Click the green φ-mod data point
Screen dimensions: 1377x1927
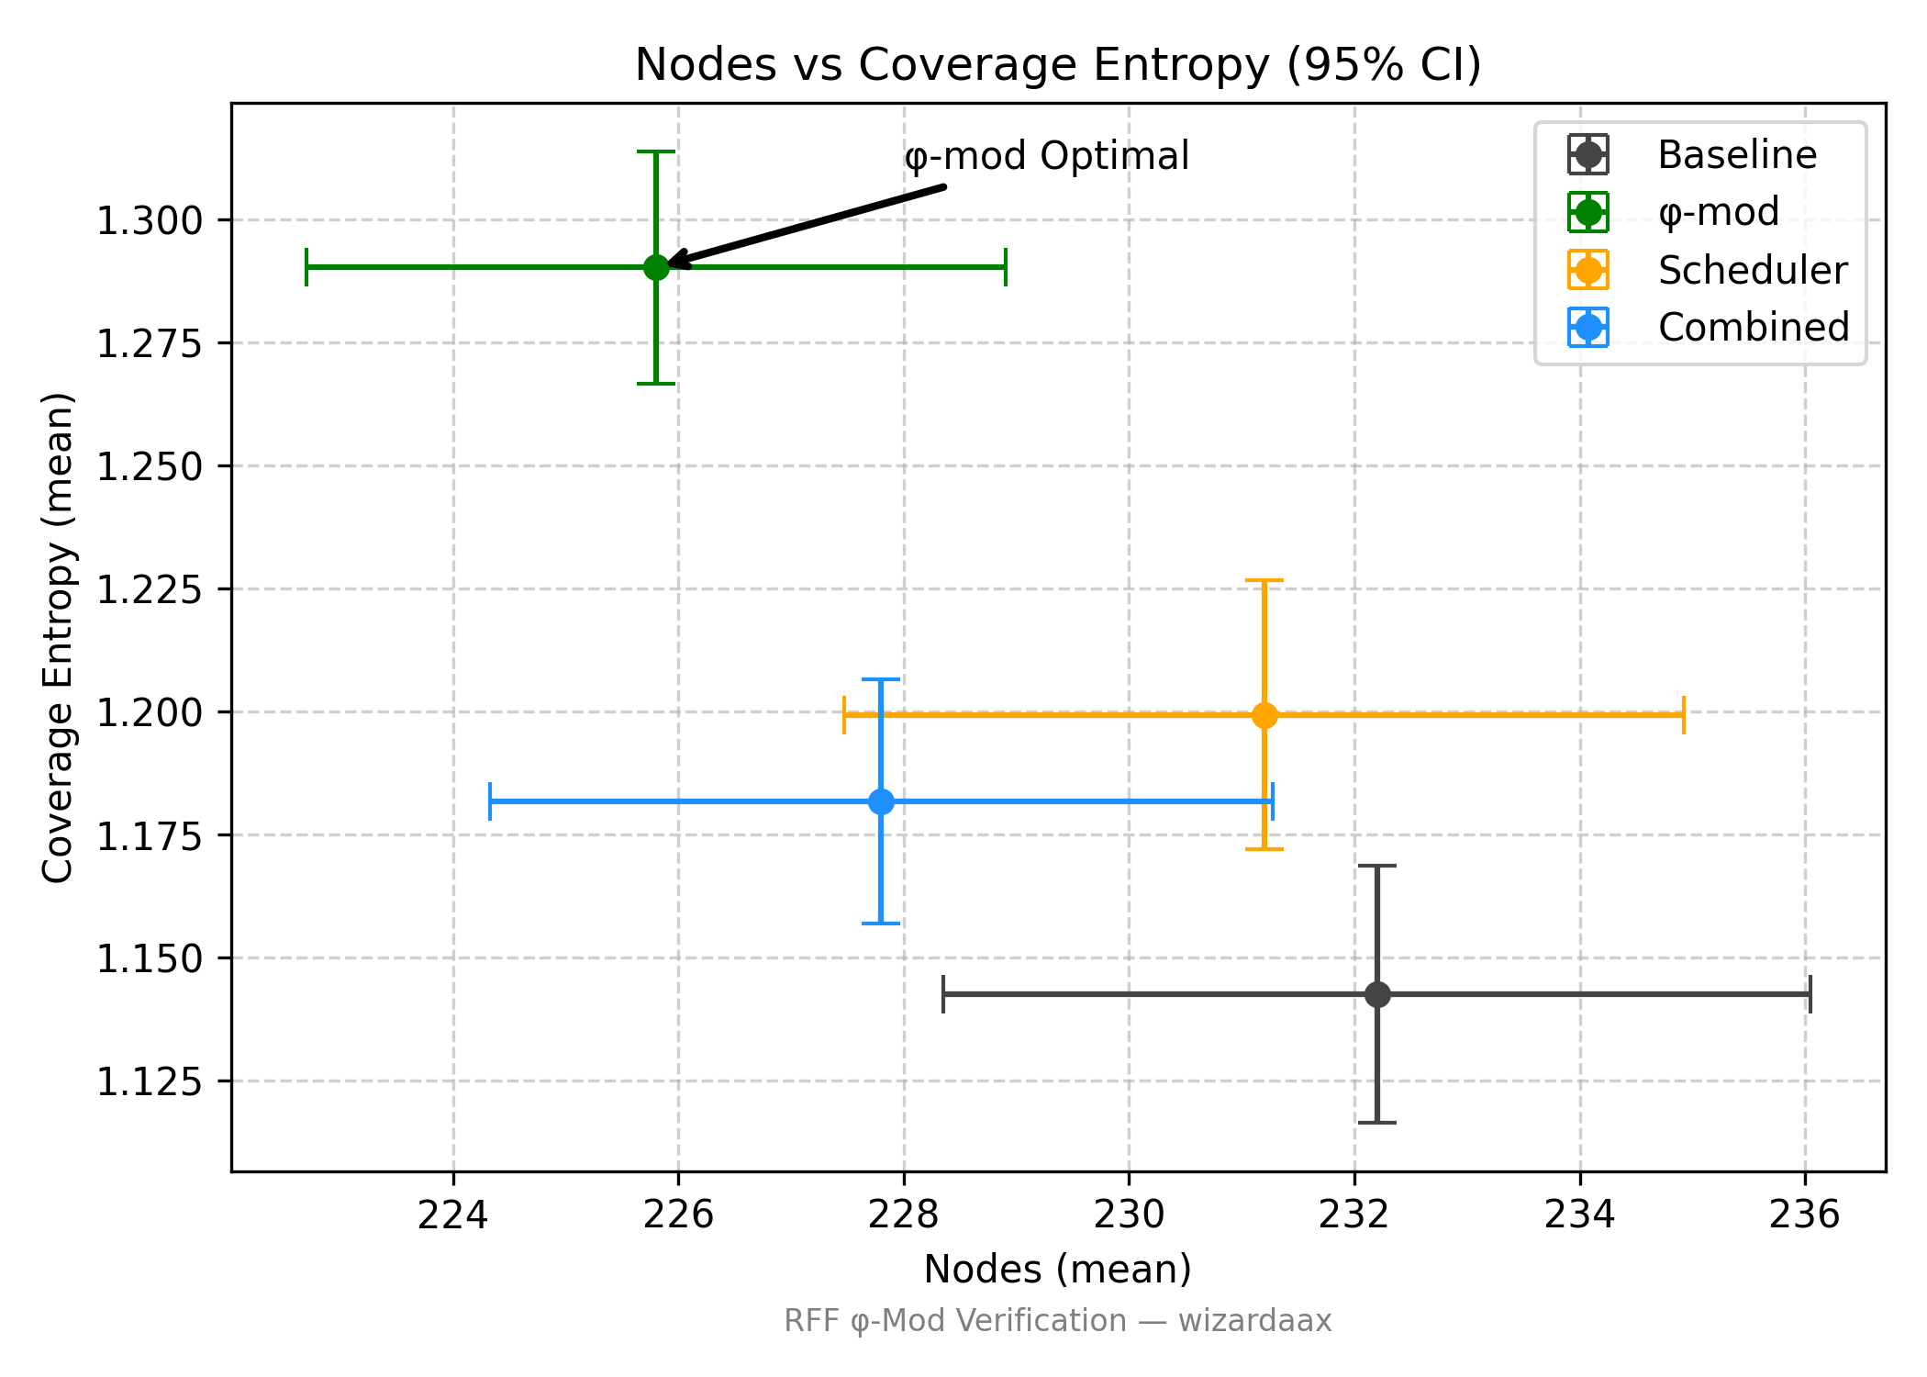pyautogui.click(x=656, y=267)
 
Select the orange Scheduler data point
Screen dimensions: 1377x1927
pyautogui.click(x=1264, y=715)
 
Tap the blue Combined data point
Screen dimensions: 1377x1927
pyautogui.click(x=881, y=801)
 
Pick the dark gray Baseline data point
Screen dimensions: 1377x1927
pyautogui.click(x=1377, y=994)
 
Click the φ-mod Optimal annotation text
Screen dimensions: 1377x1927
pyautogui.click(x=1046, y=156)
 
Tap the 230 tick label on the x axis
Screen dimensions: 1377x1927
pyautogui.click(x=1130, y=1215)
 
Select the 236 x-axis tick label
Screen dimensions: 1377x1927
pyautogui.click(x=1805, y=1215)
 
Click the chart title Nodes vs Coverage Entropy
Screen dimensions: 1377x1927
pyautogui.click(x=1057, y=65)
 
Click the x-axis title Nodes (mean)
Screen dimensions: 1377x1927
pyautogui.click(x=1057, y=1270)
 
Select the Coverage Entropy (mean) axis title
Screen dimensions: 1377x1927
pyautogui.click(x=58, y=637)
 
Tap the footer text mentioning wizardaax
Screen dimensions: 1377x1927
pyautogui.click(x=1057, y=1321)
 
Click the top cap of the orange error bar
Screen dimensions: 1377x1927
pyautogui.click(x=1264, y=580)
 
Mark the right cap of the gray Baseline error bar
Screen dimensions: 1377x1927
pyautogui.click(x=1810, y=994)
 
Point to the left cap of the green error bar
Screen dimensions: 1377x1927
pyautogui.click(x=306, y=267)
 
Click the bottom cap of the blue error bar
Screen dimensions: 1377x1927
pyautogui.click(x=881, y=924)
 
